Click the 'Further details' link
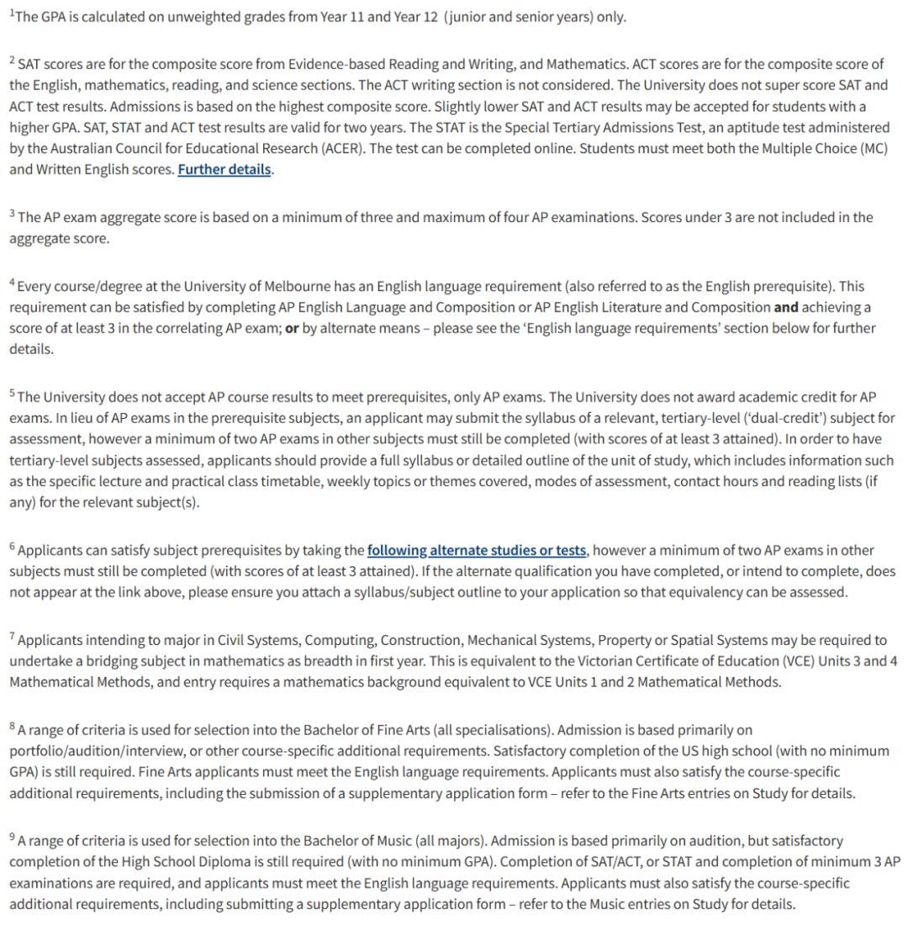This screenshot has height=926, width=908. pyautogui.click(x=224, y=169)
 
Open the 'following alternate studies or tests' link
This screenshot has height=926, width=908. pyautogui.click(x=477, y=550)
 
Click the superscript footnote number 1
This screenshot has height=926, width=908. pyautogui.click(x=11, y=13)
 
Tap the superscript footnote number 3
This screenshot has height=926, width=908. pyautogui.click(x=12, y=214)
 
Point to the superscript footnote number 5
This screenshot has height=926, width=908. pyautogui.click(x=12, y=393)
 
